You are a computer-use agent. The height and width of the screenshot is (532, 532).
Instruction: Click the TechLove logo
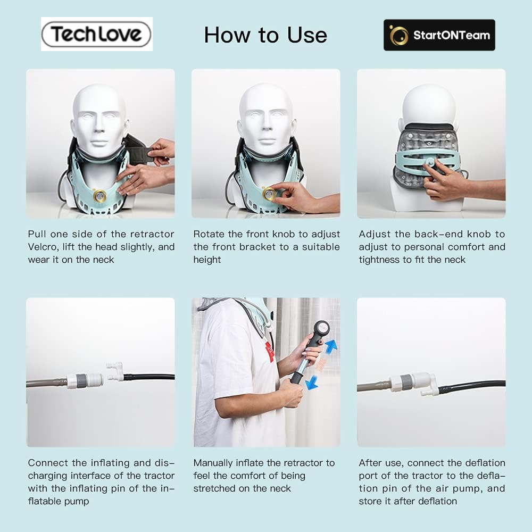pos(97,34)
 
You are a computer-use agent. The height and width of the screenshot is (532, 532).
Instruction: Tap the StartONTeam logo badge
pos(439,35)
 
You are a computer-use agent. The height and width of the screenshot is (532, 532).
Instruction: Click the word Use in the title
pos(307,35)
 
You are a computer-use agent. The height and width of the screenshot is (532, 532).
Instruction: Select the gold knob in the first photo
pos(100,196)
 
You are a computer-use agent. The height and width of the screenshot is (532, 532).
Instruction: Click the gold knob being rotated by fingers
pos(269,194)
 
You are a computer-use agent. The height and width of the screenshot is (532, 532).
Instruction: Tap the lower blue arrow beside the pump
pos(311,383)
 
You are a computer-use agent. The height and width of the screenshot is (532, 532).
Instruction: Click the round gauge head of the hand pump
pos(321,328)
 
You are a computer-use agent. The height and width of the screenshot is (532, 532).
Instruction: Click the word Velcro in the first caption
pos(43,247)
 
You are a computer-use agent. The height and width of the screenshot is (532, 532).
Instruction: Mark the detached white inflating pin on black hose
pos(115,372)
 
